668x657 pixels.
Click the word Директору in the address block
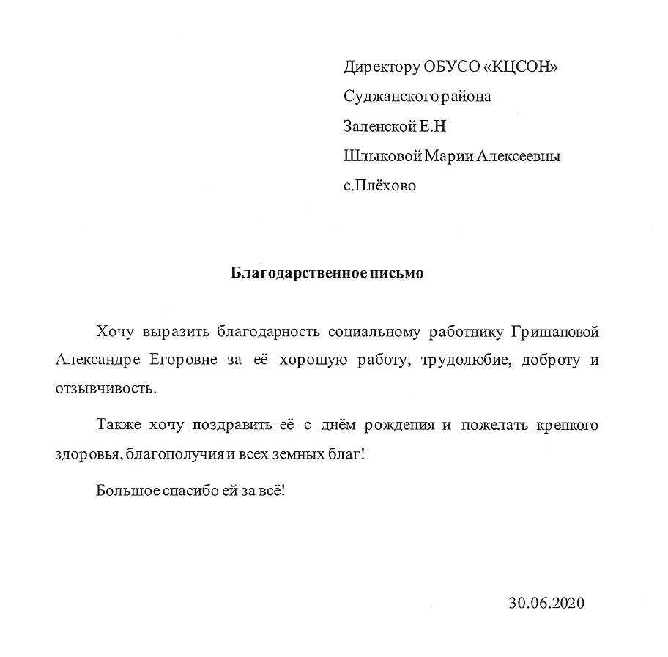coord(382,68)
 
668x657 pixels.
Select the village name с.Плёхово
coord(379,186)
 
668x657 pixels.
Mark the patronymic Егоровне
coord(184,360)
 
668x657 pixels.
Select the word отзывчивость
coord(105,388)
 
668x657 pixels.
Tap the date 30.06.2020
coord(547,604)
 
